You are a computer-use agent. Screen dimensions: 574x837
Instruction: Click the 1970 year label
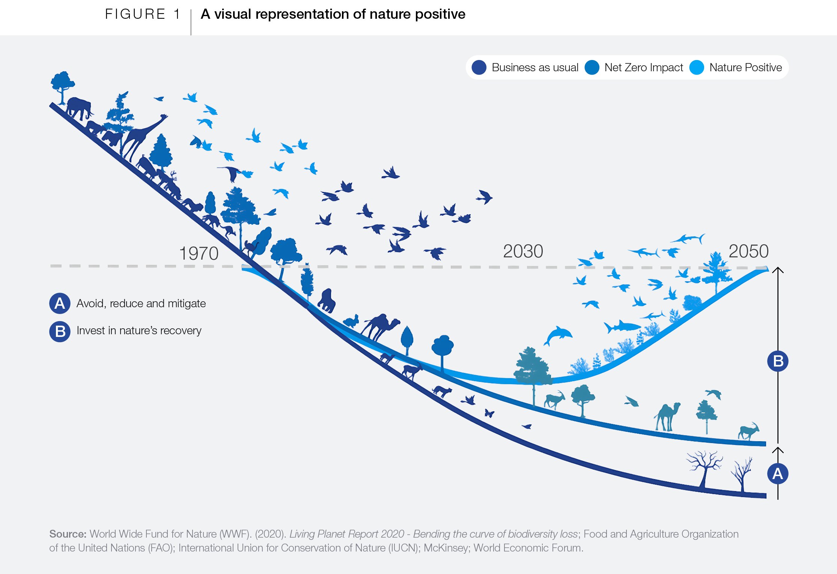coord(199,254)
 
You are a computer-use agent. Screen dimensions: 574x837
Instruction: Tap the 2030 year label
coord(523,251)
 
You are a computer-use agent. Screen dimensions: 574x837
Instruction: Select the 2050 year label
coord(748,251)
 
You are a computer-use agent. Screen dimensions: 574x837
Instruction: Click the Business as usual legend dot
coord(479,68)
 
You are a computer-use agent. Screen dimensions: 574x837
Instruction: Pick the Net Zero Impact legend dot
coord(592,68)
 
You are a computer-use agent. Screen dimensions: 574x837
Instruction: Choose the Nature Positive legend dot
coord(697,68)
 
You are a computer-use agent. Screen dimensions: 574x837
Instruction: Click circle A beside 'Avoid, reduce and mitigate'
coord(60,304)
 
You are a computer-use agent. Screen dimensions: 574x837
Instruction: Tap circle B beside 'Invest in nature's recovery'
coord(60,331)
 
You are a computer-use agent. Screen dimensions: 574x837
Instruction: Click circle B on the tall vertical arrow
coord(778,361)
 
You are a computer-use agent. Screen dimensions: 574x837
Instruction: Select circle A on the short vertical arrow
coord(778,473)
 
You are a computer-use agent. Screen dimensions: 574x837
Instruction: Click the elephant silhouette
coord(79,107)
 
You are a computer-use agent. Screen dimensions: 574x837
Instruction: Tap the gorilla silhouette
coord(327,301)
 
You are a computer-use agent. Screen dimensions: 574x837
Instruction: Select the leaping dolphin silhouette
coord(558,335)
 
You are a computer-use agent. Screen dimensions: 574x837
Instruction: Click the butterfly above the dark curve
coord(489,413)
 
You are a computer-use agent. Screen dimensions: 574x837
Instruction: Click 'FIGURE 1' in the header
coord(143,14)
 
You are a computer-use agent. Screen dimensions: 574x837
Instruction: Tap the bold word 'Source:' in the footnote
coord(68,534)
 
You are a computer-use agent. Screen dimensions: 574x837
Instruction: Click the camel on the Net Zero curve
coord(667,416)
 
